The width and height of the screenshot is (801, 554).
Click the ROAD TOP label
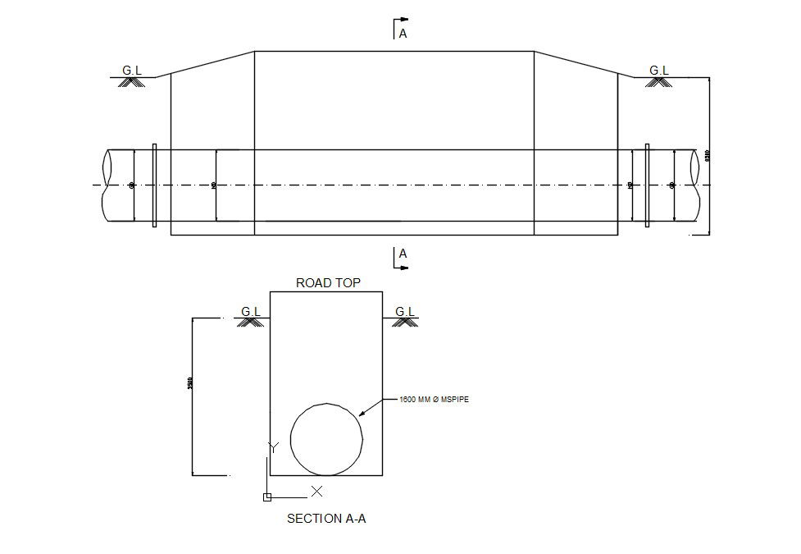point(328,283)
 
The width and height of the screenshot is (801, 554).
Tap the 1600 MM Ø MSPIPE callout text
point(434,400)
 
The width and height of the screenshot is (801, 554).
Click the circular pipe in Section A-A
point(326,439)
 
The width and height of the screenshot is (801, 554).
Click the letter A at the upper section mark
point(403,34)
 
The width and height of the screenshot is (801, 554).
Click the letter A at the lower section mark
point(403,254)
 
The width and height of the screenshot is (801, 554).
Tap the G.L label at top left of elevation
point(132,71)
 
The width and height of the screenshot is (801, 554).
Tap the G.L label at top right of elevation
point(659,71)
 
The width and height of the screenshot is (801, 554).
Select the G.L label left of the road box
point(251,311)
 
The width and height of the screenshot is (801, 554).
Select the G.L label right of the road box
point(405,311)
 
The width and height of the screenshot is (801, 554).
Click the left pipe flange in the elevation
point(154,185)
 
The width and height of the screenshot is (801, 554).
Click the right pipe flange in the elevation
point(647,185)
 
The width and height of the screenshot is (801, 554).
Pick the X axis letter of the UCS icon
point(316,492)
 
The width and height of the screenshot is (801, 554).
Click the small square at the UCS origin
point(266,497)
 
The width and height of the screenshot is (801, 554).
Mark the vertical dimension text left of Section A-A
point(190,382)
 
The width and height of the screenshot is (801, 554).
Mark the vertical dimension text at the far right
point(708,155)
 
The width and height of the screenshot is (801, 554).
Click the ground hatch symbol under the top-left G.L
point(132,82)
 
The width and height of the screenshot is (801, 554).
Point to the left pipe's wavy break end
point(107,185)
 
